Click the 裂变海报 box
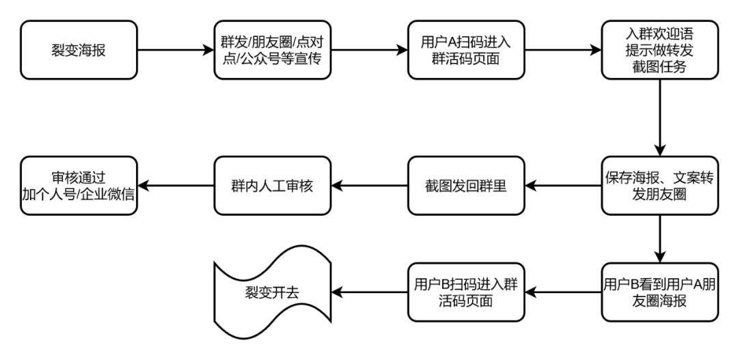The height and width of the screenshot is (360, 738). (x=79, y=50)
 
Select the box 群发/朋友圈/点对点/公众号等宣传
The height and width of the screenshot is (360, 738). (x=273, y=50)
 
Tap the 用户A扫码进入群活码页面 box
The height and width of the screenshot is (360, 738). (x=466, y=50)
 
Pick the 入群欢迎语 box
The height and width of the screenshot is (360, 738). (x=659, y=50)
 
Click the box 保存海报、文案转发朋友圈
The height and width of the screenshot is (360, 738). (x=659, y=185)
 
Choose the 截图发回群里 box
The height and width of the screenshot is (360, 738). (x=466, y=185)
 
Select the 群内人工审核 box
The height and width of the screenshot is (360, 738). (x=273, y=185)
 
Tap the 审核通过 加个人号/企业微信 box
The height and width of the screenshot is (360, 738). (x=79, y=185)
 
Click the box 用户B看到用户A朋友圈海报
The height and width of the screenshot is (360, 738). (x=659, y=292)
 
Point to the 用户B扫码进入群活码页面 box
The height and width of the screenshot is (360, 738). (x=466, y=292)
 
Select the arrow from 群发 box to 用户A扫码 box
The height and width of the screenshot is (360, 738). (x=369, y=50)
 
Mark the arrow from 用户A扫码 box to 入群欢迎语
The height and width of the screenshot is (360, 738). (x=562, y=50)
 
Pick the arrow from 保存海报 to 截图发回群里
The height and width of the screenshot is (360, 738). (x=562, y=185)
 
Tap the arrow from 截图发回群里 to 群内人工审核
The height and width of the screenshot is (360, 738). (x=369, y=185)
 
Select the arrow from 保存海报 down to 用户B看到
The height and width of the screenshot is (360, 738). (x=659, y=238)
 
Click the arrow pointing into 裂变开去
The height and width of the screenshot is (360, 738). (x=369, y=292)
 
